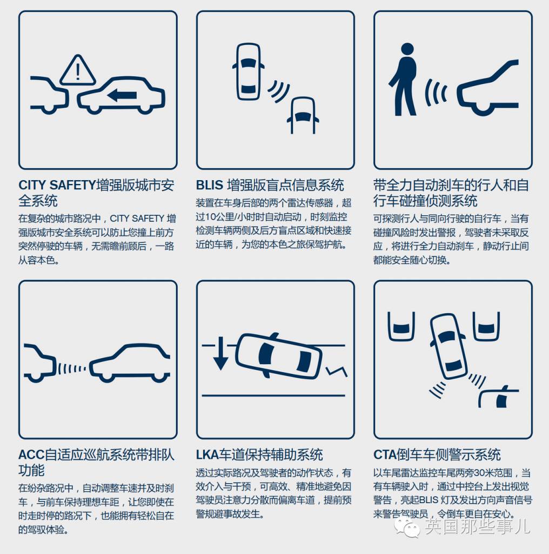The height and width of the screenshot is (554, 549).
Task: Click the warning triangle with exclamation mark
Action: pyautogui.click(x=78, y=71)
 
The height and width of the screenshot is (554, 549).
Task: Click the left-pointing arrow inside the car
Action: pyautogui.click(x=122, y=95)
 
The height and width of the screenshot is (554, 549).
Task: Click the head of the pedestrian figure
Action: pyautogui.click(x=407, y=49)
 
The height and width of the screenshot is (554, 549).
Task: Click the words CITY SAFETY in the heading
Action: pyautogui.click(x=57, y=186)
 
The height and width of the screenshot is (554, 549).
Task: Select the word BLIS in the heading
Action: pyautogui.click(x=210, y=186)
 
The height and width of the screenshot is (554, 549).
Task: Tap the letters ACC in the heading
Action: pyautogui.click(x=31, y=455)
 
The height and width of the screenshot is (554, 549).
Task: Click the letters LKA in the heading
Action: pyautogui.click(x=209, y=455)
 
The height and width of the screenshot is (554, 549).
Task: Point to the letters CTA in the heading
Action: pyautogui.click(x=386, y=455)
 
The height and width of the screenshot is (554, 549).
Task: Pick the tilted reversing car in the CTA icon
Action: pyautogui.click(x=448, y=346)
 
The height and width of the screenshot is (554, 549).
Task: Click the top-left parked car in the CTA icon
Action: pyautogui.click(x=401, y=325)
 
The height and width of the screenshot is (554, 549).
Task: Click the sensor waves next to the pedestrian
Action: pyautogui.click(x=435, y=91)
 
